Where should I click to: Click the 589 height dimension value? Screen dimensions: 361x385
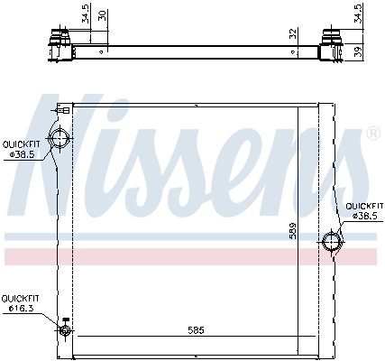click(x=292, y=231)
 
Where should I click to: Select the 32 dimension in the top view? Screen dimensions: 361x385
click(x=292, y=33)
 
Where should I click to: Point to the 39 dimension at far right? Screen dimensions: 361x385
click(x=359, y=51)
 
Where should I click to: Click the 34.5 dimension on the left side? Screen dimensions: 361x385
click(x=85, y=15)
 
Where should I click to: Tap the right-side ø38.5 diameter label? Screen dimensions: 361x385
click(x=365, y=217)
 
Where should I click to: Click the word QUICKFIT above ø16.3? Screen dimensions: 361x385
click(x=19, y=298)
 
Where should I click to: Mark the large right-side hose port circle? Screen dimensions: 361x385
click(x=331, y=242)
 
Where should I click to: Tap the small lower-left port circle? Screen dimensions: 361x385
click(x=64, y=330)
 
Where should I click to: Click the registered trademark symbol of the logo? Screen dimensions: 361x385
click(x=372, y=134)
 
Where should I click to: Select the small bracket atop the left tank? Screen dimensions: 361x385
click(x=64, y=108)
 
